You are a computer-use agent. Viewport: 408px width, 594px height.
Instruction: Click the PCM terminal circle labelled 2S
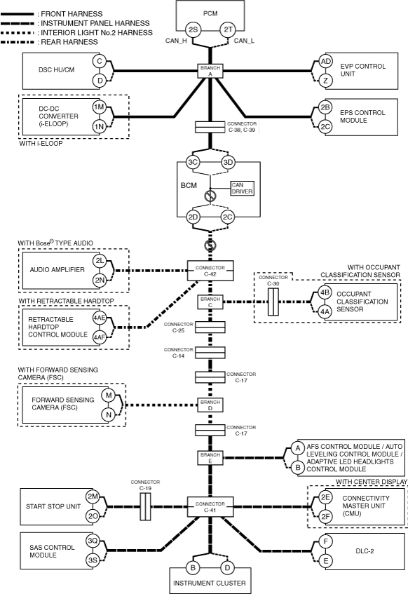pos(193,29)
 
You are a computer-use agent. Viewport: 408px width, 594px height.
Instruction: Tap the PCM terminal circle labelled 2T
pos(228,29)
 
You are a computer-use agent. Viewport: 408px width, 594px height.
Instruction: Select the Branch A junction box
pos(210,71)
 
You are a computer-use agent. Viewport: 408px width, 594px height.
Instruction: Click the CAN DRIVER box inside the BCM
pos(243,188)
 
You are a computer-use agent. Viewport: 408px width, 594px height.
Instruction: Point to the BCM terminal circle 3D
pos(228,162)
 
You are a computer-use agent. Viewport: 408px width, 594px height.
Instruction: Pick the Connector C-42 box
pos(210,271)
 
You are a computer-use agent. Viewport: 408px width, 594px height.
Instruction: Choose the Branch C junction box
pos(210,302)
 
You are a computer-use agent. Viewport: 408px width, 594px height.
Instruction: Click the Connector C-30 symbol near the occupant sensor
pos(273,302)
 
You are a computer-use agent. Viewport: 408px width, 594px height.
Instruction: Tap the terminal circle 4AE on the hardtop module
pos(100,318)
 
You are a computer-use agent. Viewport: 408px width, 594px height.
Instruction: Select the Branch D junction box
pos(210,405)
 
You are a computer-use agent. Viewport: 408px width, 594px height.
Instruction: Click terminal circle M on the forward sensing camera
pos(109,396)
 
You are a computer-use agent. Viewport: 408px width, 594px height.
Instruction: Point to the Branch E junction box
pos(210,458)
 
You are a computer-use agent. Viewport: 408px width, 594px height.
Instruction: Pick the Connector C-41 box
pos(210,507)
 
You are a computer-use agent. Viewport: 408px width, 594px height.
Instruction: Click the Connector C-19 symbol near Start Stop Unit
pos(145,506)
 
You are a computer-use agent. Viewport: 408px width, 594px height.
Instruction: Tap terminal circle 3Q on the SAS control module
pos(93,541)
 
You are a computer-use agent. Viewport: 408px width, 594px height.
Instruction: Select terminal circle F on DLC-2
pos(325,541)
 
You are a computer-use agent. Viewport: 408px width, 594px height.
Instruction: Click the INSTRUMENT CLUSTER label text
pos(210,583)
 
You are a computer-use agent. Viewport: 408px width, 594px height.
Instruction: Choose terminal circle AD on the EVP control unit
pos(325,62)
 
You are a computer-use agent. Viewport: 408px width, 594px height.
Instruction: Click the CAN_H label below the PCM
pos(176,41)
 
